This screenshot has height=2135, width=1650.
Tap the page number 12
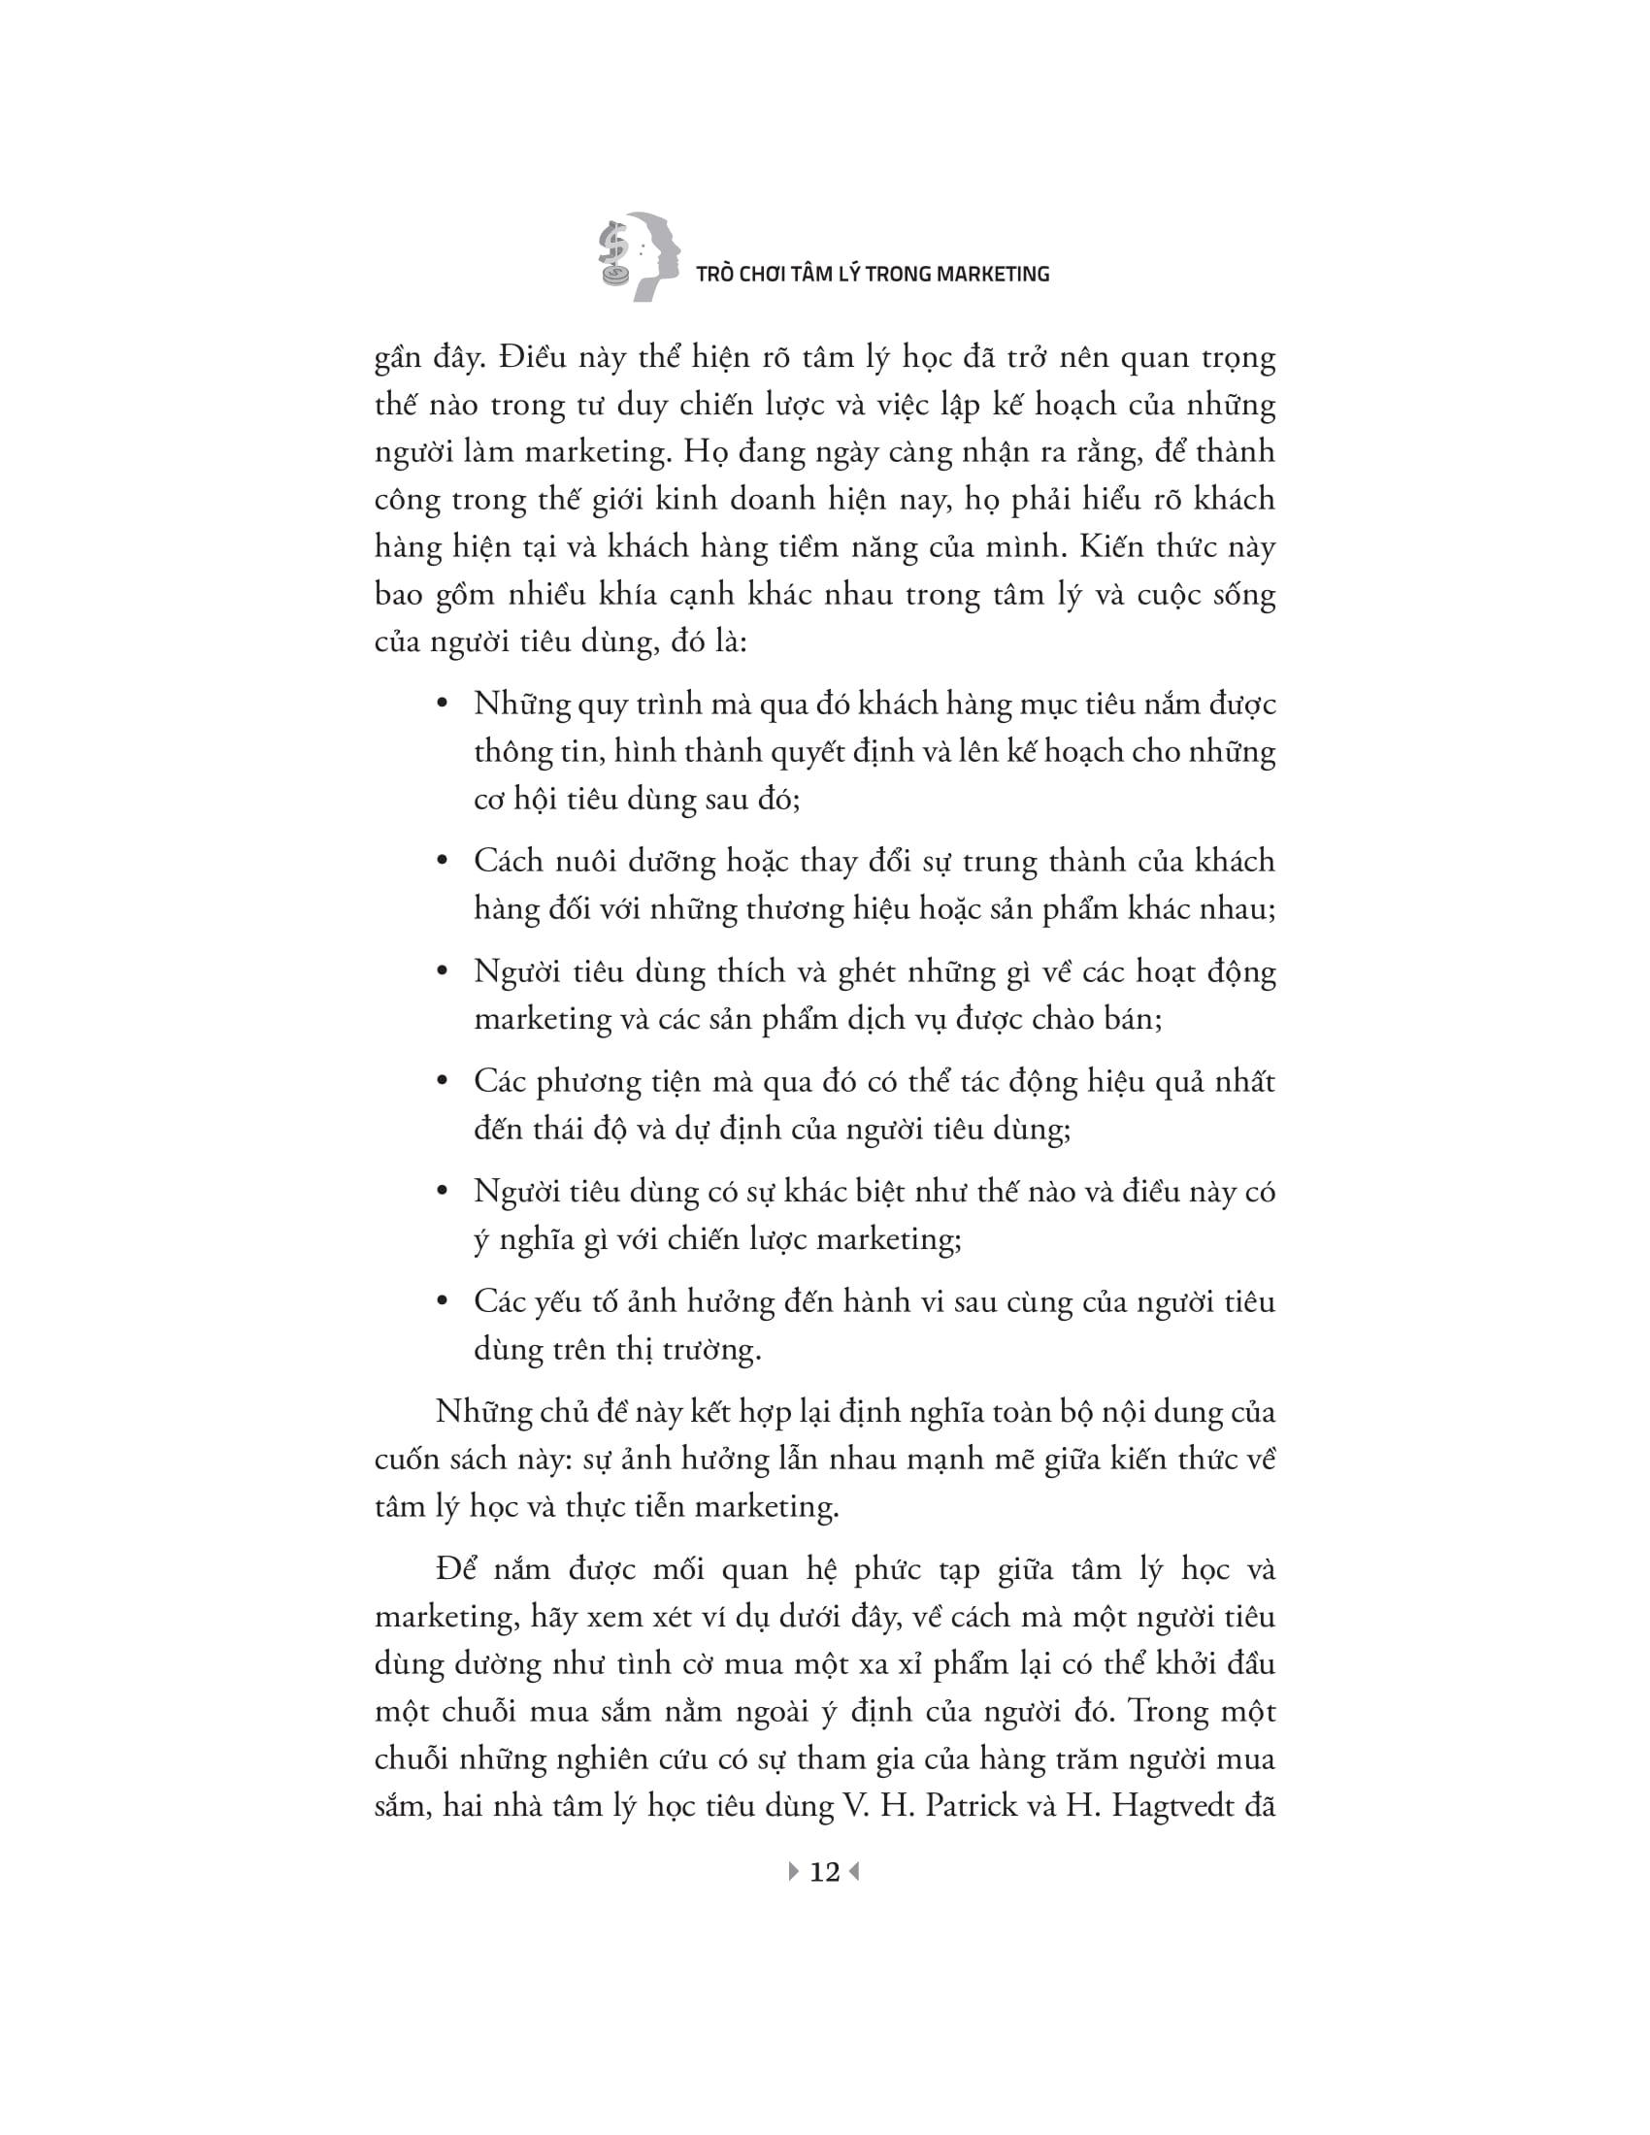point(825,1871)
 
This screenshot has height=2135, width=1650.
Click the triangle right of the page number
point(855,1871)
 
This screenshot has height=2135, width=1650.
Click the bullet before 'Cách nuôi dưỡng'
point(442,862)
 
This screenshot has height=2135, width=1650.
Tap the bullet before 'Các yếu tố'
point(442,1302)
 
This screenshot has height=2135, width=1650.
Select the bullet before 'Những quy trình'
point(442,705)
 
